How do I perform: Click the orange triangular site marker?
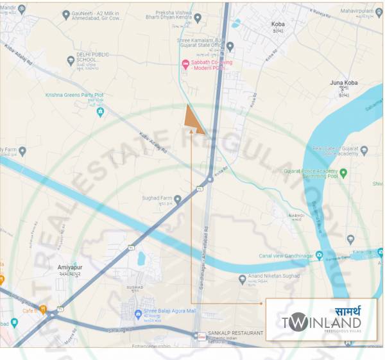[x=193, y=120]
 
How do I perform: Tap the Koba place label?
[x=278, y=24]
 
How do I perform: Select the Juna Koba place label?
[x=343, y=83]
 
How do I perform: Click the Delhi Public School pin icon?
[x=71, y=61]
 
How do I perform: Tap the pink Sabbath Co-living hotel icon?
[x=185, y=63]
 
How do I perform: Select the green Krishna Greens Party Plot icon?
[x=100, y=112]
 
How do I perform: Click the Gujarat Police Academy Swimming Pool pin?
[x=343, y=173]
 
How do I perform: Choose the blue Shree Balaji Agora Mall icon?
[x=138, y=314]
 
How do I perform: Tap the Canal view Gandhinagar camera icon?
[x=319, y=255]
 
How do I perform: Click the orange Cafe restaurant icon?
[x=42, y=309]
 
